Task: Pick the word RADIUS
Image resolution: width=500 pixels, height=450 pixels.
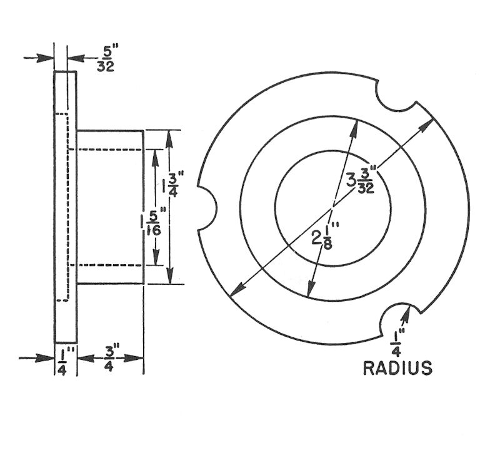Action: tap(397, 367)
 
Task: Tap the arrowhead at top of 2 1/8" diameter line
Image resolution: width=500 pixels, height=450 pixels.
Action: tap(354, 126)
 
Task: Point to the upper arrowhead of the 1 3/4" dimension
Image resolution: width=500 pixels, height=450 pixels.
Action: tap(168, 138)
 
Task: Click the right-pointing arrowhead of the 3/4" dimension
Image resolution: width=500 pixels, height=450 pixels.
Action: tap(138, 358)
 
